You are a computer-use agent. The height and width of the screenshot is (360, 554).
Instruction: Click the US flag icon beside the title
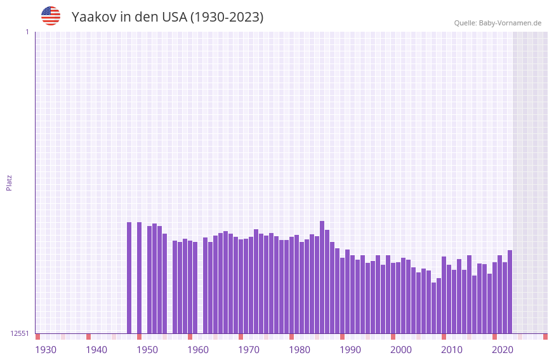coord(51,16)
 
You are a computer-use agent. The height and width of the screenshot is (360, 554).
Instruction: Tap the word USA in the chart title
coord(175,17)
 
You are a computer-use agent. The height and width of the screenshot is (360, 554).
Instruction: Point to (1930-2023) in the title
coord(227,17)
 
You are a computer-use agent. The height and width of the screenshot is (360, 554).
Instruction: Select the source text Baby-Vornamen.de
coord(510,23)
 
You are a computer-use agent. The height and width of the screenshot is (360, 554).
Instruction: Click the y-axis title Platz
coord(9,182)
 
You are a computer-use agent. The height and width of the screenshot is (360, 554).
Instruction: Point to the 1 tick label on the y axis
coord(27,32)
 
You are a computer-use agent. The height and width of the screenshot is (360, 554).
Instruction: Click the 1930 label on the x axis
coord(46,350)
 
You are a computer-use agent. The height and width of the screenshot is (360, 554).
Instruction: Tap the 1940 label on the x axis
coord(96,350)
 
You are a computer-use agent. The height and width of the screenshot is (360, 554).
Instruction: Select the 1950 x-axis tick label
coord(147,350)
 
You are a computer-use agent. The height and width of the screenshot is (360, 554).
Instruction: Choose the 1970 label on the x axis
coord(249,350)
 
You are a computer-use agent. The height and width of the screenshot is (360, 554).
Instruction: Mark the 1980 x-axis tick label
coord(300,350)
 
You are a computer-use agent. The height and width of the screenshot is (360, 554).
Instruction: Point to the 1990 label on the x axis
coord(350,350)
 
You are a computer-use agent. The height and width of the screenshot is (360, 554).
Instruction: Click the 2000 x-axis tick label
coord(401,350)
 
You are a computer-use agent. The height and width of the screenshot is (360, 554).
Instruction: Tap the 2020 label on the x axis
coord(503,350)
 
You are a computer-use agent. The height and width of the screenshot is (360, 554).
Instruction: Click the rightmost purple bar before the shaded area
coord(510,291)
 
